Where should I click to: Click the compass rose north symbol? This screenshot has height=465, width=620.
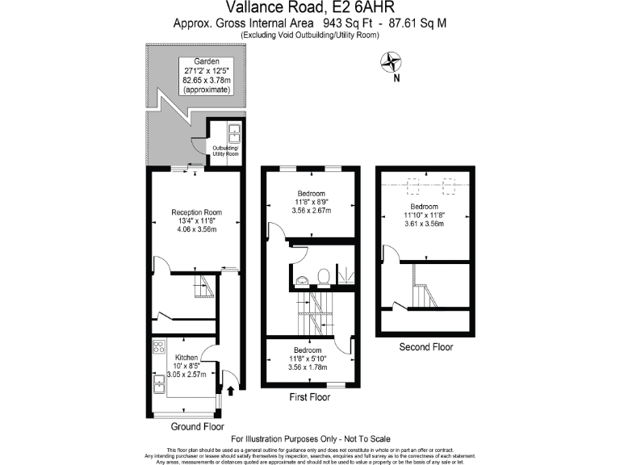click(392, 61)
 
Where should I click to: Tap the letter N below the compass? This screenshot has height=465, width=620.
click(396, 79)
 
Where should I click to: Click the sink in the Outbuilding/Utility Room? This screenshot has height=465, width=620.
click(232, 131)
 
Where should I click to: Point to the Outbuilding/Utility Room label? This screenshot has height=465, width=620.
click(226, 151)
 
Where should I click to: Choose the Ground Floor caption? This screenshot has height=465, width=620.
click(198, 426)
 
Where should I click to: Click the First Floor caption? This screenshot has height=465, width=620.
click(310, 397)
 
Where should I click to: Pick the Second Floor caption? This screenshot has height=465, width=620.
click(426, 347)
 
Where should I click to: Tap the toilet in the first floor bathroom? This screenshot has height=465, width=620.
click(322, 276)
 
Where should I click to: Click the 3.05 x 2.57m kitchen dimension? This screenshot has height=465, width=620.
click(186, 375)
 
